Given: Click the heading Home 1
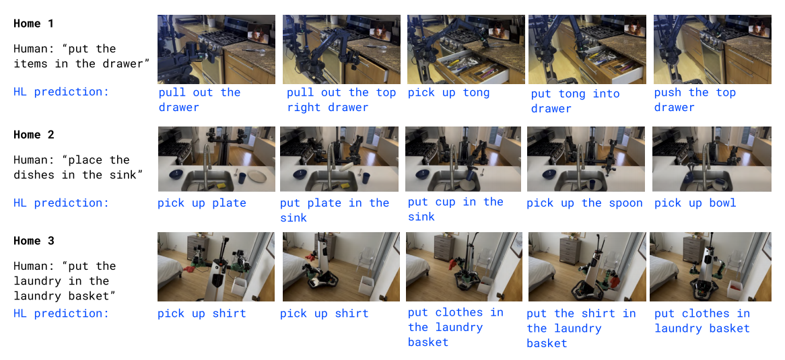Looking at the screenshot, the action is click(x=33, y=24).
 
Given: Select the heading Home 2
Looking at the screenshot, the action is click(x=33, y=135).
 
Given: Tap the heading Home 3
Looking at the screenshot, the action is click(x=33, y=241).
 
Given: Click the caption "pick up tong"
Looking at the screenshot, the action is click(x=448, y=93).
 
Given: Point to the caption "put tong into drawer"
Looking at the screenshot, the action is click(x=568, y=101).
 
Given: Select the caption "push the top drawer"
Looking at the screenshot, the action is click(x=694, y=100).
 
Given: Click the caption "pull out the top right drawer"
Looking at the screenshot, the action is click(x=341, y=100).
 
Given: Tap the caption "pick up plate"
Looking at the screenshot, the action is click(x=202, y=203).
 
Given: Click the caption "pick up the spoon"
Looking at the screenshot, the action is click(x=584, y=203).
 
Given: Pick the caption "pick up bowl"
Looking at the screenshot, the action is click(x=695, y=203).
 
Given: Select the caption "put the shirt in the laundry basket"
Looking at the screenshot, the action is click(x=581, y=328).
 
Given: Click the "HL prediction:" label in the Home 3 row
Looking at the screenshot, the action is click(x=61, y=314).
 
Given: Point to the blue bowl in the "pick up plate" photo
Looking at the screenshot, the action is click(x=175, y=174).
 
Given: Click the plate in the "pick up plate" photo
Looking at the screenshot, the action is click(x=257, y=176).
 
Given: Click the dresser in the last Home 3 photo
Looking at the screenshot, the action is click(x=693, y=250).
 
